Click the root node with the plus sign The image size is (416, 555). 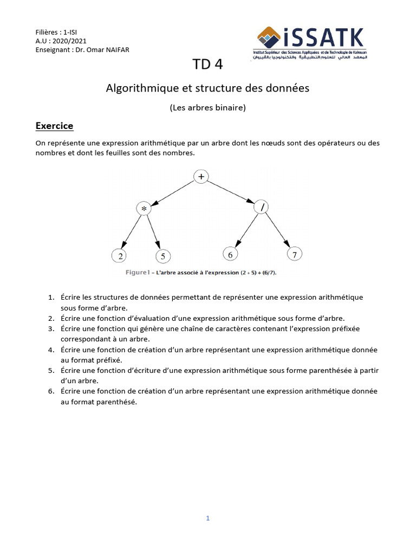(201, 176)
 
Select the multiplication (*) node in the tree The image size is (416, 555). (145, 209)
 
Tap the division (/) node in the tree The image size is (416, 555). (261, 206)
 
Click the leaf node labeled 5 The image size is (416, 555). (163, 256)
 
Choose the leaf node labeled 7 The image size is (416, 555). (295, 254)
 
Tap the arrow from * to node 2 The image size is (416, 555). (132, 233)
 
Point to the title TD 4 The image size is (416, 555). (207, 64)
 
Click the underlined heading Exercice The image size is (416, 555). (54, 126)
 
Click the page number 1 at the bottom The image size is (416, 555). (207, 518)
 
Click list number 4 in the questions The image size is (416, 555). (51, 350)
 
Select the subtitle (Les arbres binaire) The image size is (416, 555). (208, 107)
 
